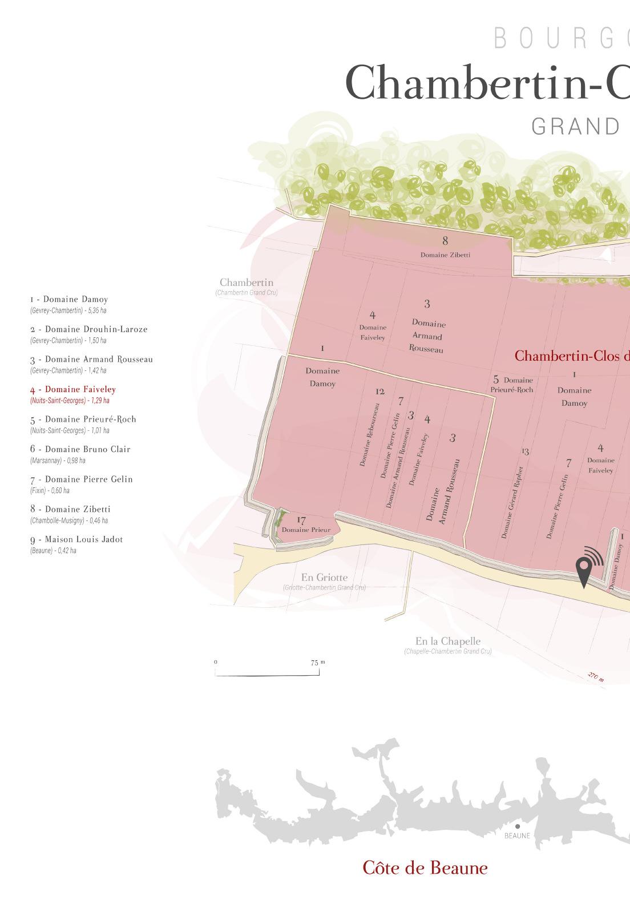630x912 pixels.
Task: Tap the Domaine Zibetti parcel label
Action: point(445,255)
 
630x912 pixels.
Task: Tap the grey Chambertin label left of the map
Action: point(247,283)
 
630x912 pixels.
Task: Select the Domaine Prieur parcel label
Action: point(306,530)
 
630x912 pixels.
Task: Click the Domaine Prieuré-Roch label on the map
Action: point(512,385)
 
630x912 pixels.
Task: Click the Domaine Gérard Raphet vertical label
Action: point(512,502)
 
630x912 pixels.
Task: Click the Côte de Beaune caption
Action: point(425,868)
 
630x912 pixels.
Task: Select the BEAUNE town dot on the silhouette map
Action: point(518,826)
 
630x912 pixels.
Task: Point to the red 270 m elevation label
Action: point(596,677)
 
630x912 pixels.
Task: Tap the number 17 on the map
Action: point(302,520)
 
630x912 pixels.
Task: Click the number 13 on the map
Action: point(525,451)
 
